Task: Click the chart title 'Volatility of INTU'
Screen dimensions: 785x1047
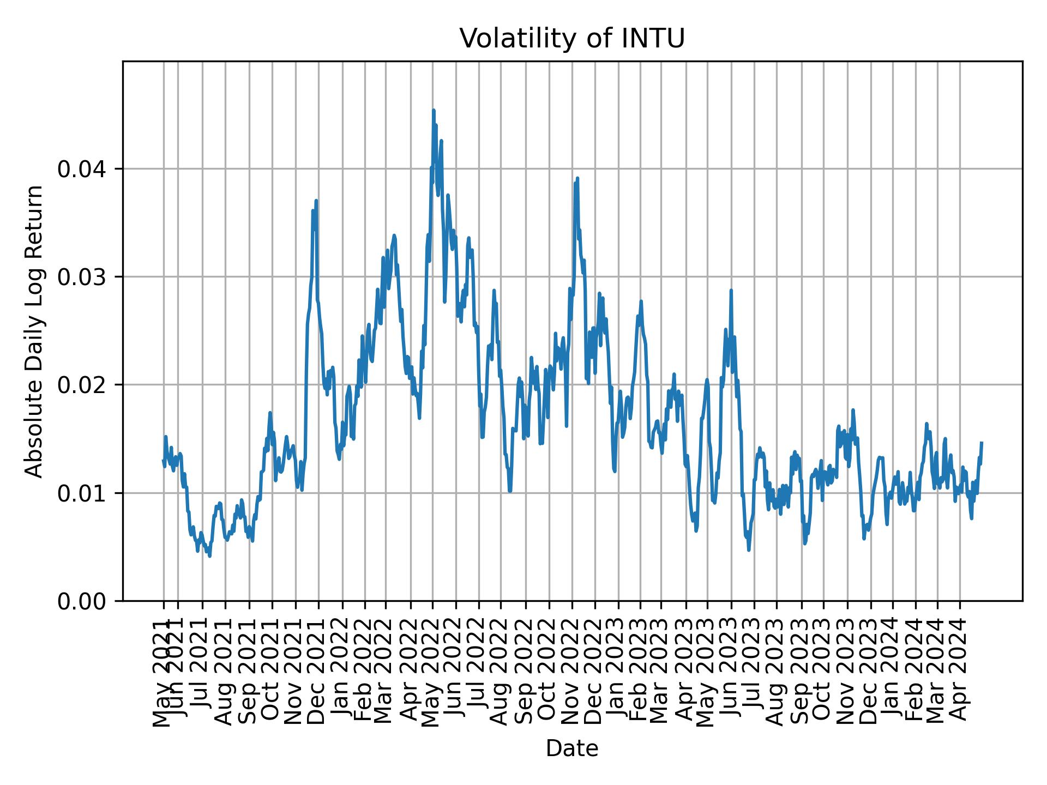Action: [571, 39]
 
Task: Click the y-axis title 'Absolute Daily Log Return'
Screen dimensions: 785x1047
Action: [35, 331]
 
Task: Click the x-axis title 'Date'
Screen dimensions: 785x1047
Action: [571, 748]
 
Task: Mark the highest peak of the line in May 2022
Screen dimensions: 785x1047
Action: [434, 111]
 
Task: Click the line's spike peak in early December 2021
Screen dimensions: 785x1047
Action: [316, 201]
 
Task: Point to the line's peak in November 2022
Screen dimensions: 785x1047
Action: [577, 178]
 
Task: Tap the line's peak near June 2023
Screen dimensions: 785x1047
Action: [731, 291]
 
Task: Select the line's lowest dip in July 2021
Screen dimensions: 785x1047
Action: [210, 556]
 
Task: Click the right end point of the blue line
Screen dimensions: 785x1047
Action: [982, 442]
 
